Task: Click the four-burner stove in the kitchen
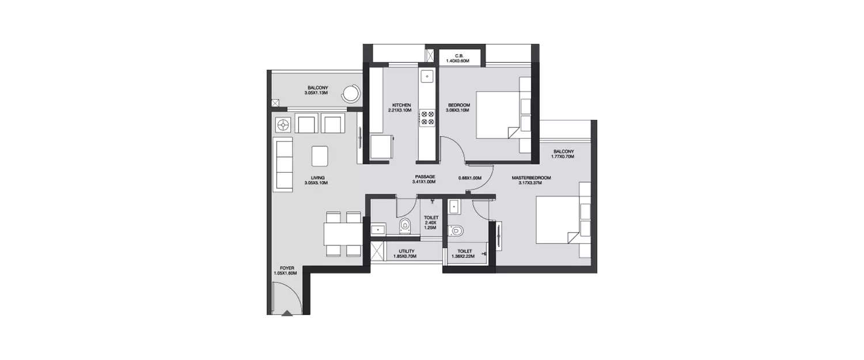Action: [428, 118]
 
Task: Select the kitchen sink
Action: [427, 75]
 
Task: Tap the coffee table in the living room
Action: [320, 156]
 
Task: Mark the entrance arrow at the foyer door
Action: [287, 313]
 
